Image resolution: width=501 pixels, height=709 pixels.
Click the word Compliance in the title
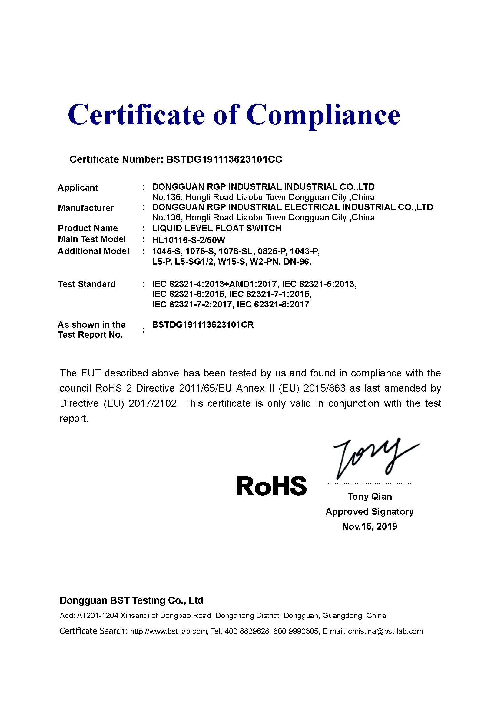(323, 115)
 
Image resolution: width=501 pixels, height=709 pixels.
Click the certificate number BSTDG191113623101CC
(224, 159)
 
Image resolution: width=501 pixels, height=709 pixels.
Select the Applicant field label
(78, 188)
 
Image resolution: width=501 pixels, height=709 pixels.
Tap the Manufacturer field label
(86, 208)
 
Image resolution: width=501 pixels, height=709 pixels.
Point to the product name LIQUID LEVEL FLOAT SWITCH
(217, 228)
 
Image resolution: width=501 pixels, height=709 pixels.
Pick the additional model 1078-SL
(235, 251)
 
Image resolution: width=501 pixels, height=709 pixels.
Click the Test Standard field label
(87, 284)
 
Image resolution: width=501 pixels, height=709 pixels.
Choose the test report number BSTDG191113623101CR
(203, 325)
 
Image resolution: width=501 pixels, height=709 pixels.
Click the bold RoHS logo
(271, 485)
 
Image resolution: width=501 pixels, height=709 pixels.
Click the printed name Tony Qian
(370, 496)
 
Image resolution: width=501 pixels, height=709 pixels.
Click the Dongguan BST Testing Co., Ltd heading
(131, 600)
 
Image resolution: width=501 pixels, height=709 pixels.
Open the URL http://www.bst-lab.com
(168, 631)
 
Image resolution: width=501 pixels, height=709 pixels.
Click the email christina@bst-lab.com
(385, 631)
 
